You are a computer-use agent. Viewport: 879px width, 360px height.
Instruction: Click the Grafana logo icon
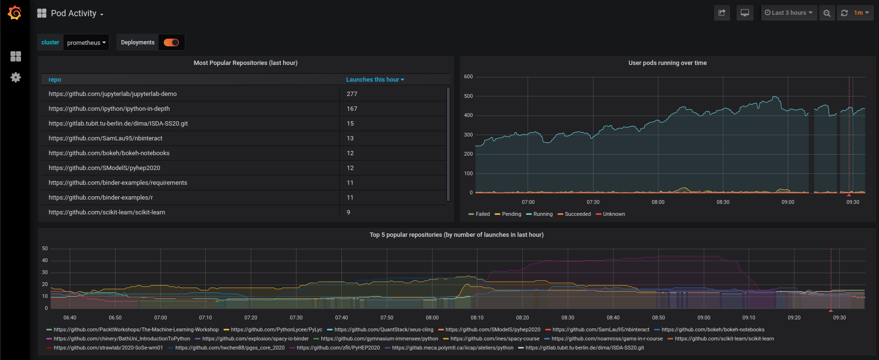pos(15,13)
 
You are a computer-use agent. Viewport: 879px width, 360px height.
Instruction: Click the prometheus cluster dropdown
pos(86,42)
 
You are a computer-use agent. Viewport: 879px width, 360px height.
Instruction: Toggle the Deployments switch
pos(171,42)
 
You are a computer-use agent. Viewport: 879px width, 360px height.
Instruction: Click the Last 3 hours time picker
pos(789,13)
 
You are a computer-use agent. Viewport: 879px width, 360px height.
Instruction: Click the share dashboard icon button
pos(722,13)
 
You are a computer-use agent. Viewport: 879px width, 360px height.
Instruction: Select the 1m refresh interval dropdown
pos(861,13)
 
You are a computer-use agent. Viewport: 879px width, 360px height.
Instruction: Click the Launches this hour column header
pos(375,80)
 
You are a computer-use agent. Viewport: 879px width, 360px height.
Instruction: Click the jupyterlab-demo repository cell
pos(113,94)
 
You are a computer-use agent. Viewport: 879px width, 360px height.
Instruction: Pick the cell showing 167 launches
pos(352,109)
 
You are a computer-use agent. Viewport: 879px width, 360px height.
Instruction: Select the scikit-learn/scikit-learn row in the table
pos(107,212)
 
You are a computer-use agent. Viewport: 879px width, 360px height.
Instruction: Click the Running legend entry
pos(542,214)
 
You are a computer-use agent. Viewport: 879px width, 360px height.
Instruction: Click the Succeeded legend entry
pos(577,214)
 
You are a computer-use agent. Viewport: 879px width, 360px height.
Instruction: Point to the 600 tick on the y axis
pos(468,77)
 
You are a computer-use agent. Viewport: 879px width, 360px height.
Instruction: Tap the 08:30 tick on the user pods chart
pos(723,202)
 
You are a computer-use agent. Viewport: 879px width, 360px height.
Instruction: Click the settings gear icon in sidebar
pos(16,77)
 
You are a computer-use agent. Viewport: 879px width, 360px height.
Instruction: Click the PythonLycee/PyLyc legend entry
pos(276,329)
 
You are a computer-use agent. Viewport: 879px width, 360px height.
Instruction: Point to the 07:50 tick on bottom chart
pos(387,318)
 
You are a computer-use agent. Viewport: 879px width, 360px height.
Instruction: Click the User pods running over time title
pos(667,63)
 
